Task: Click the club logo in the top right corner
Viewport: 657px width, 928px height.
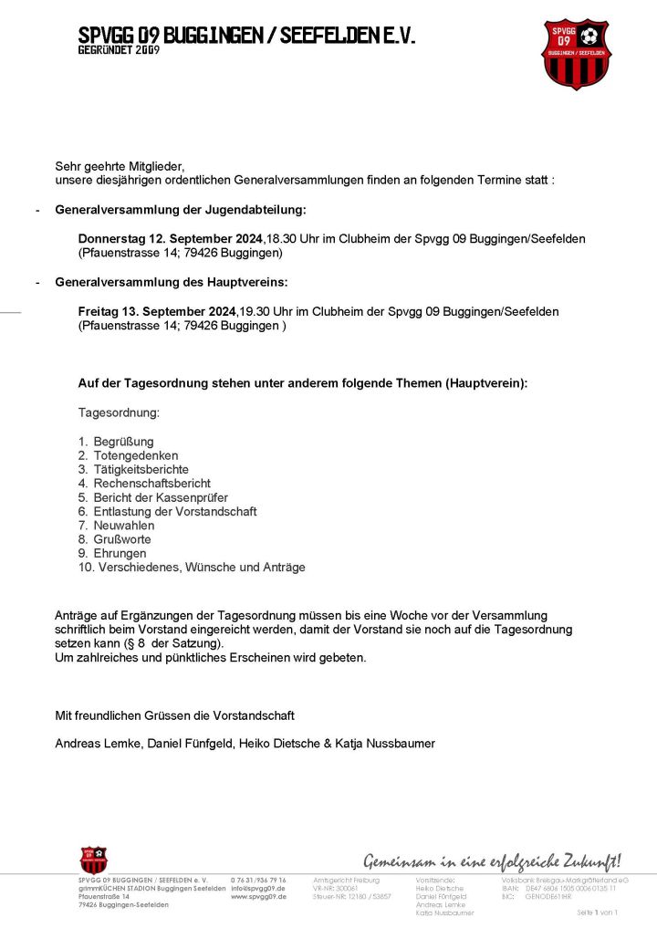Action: (x=576, y=54)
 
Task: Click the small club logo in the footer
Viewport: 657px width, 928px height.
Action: (x=93, y=860)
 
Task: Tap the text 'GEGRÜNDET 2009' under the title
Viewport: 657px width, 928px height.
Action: (x=119, y=51)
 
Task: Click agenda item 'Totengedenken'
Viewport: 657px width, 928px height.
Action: (x=135, y=455)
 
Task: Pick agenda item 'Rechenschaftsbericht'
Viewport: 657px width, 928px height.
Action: (x=151, y=483)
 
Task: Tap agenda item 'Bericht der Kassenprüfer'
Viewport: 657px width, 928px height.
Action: (x=161, y=497)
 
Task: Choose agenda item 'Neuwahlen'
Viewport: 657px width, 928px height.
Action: (x=124, y=526)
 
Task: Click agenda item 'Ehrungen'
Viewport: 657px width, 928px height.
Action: (x=120, y=553)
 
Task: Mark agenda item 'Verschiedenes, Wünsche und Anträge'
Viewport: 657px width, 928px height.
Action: (x=199, y=567)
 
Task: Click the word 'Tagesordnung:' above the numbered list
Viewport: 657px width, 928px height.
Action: (x=119, y=412)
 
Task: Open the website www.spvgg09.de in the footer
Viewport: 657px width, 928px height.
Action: (x=258, y=897)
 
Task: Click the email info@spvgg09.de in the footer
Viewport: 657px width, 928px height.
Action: (x=258, y=888)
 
